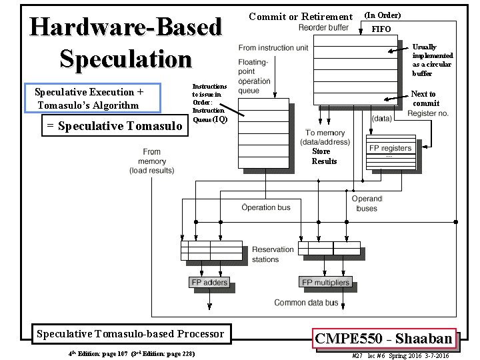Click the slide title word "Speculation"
pyautogui.click(x=126, y=59)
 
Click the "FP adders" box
pyautogui.click(x=209, y=283)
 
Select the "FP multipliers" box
pyautogui.click(x=325, y=283)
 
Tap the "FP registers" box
pyautogui.click(x=391, y=148)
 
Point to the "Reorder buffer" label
pyautogui.click(x=323, y=27)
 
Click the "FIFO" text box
pyautogui.click(x=381, y=29)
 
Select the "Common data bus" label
pyautogui.click(x=306, y=303)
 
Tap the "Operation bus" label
pyautogui.click(x=266, y=207)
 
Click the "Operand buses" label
pyautogui.click(x=367, y=203)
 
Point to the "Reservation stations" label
pyautogui.click(x=272, y=254)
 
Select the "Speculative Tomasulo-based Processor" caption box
pyautogui.click(x=131, y=333)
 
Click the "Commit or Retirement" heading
pyautogui.click(x=300, y=17)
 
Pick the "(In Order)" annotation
pyautogui.click(x=383, y=15)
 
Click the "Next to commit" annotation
pyautogui.click(x=425, y=99)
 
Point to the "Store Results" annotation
pyautogui.click(x=325, y=156)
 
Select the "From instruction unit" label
pyautogui.click(x=273, y=48)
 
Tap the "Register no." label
pyautogui.click(x=427, y=114)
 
